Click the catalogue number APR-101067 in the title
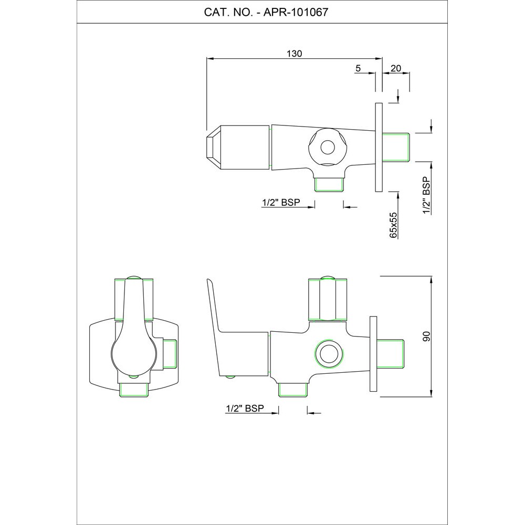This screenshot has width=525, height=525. pos(296,13)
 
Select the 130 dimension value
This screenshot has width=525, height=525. pos(295,54)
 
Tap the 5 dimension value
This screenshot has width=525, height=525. pos(358,68)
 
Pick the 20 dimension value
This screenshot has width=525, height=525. pos(396,68)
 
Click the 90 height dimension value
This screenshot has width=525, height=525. pos(426,336)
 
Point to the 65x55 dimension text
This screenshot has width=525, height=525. pos(393,225)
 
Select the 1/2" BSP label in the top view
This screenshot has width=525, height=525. pos(281,203)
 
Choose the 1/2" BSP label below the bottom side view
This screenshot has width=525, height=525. pos(245,408)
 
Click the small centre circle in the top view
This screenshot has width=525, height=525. pos(328,147)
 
